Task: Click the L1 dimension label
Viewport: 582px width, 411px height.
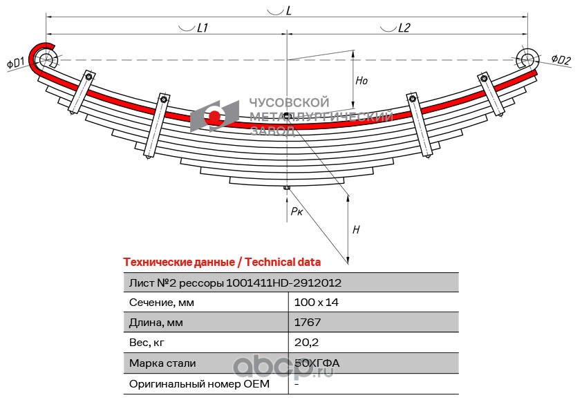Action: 203,28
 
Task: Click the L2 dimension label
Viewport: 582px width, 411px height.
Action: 404,28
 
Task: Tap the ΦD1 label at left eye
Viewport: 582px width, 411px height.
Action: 16,62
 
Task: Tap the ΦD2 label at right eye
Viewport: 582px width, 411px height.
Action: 561,59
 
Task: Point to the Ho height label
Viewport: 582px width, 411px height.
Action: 361,81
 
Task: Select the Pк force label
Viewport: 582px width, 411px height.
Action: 297,211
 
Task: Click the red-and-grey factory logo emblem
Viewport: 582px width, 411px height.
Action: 214,117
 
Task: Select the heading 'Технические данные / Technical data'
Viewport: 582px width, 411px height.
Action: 222,262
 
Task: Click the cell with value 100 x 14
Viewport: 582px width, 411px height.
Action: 317,303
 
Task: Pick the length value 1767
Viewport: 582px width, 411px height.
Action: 308,323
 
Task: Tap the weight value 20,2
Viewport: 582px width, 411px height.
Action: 306,343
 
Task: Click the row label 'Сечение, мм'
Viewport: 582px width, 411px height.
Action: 162,303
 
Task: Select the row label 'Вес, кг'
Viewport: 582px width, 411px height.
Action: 147,343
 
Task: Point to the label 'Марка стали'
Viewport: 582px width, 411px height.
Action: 162,363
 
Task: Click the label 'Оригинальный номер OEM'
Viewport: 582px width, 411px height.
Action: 199,383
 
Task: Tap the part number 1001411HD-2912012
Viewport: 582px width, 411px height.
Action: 283,283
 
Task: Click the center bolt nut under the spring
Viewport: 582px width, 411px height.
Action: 287,188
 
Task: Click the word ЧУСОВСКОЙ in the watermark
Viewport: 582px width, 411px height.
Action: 289,103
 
